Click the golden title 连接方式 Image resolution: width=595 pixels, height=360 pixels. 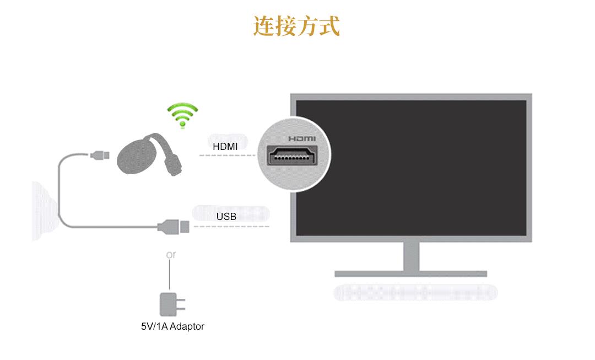(296, 26)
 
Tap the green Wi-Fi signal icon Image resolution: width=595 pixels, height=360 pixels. (182, 115)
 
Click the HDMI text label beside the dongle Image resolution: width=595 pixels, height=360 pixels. (225, 146)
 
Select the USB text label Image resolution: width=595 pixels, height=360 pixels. (226, 217)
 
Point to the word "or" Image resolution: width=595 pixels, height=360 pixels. (171, 255)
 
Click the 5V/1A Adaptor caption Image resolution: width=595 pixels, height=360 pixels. (172, 326)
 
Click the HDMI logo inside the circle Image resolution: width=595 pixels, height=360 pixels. (302, 138)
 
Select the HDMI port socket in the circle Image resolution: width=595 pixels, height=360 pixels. (292, 155)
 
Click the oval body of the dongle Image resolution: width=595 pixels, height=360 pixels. (136, 156)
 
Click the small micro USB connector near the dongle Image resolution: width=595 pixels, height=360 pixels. (100, 155)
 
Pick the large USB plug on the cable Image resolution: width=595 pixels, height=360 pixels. (174, 227)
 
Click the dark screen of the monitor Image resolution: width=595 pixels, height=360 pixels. (411, 168)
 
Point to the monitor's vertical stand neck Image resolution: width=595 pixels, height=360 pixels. (412, 256)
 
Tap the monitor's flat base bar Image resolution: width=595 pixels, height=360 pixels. (410, 274)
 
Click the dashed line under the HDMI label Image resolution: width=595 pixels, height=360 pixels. (228, 155)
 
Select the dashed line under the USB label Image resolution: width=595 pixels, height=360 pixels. (231, 227)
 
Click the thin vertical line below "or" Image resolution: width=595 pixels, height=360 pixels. (169, 275)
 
